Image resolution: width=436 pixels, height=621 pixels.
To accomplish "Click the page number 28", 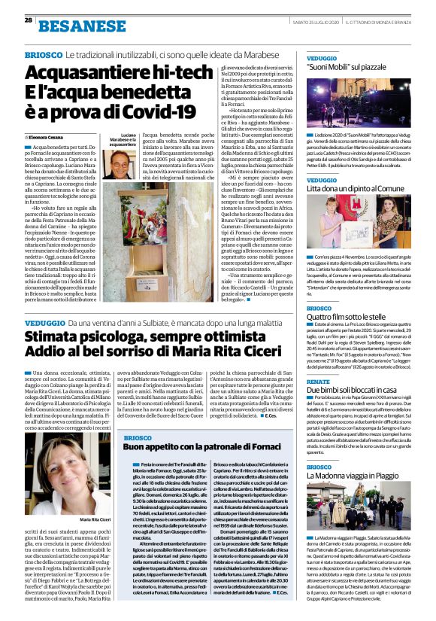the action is pyautogui.click(x=27, y=21).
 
